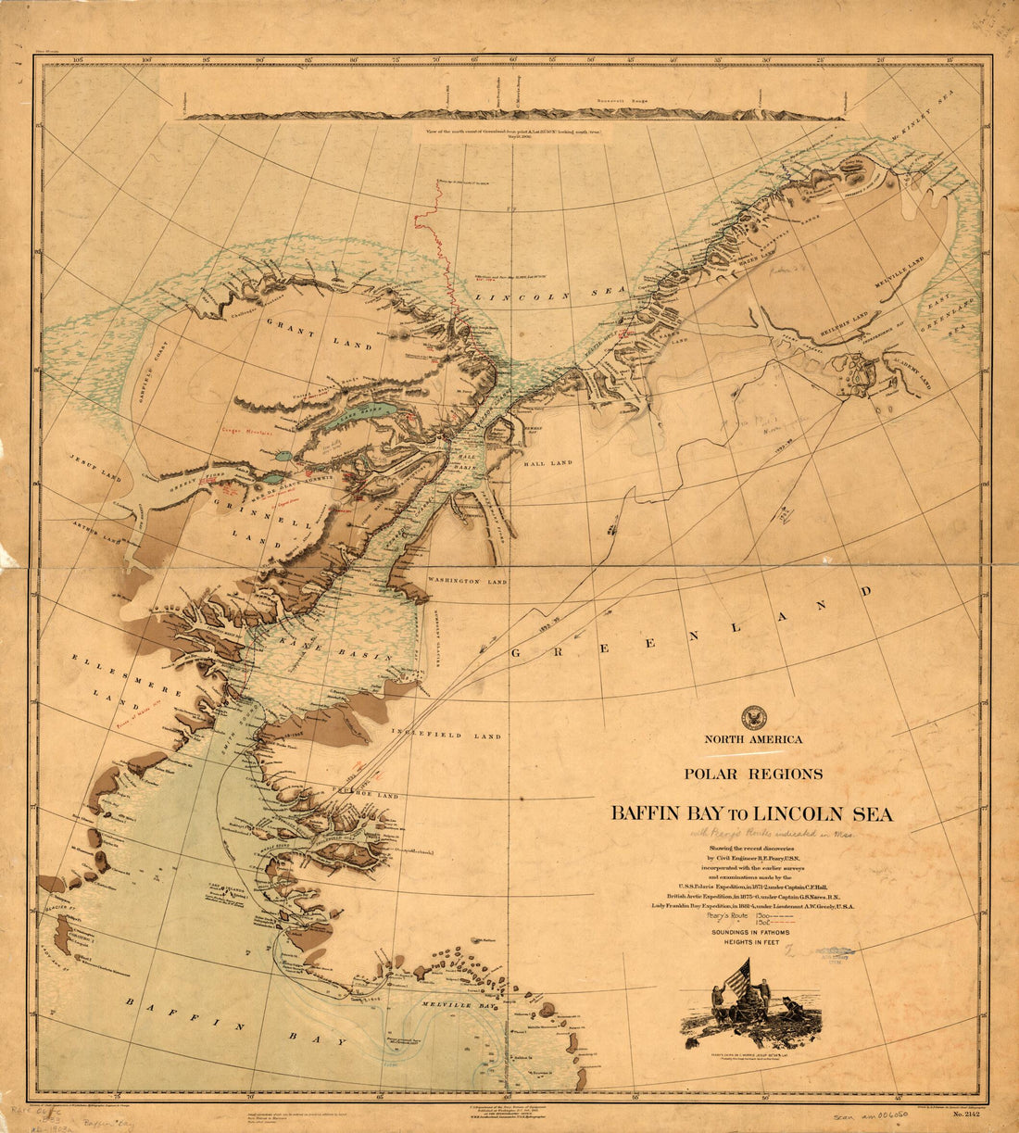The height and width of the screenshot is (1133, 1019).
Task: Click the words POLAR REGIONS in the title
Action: tap(752, 773)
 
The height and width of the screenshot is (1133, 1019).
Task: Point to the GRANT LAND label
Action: tap(320, 333)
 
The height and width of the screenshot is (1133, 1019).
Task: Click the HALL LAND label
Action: tap(547, 462)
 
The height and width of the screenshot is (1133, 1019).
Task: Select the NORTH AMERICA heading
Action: tap(753, 739)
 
